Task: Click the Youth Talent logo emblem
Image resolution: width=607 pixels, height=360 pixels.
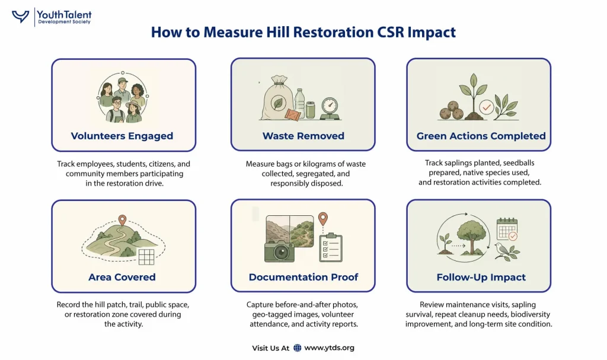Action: coord(21,17)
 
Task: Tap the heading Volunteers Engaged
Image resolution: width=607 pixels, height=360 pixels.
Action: coord(122,136)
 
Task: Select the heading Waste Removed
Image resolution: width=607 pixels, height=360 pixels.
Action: coord(303,136)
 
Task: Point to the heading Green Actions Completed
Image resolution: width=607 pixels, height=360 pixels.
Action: coord(481,136)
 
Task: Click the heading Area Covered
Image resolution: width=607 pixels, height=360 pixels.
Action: coord(122,277)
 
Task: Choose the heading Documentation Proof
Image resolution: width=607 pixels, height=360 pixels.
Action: coord(303,277)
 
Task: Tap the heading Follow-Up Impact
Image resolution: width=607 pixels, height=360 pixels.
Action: coord(481,278)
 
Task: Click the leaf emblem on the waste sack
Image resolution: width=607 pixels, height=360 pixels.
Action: coord(277,103)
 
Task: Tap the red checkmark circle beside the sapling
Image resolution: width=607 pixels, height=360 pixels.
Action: coord(486,107)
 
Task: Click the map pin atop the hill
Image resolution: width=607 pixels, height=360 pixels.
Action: coord(122,220)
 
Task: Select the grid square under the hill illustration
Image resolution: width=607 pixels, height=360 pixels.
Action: coord(146,257)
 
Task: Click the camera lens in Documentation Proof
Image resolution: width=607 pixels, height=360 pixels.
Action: coord(281,253)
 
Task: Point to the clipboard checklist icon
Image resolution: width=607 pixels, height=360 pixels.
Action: coord(331,247)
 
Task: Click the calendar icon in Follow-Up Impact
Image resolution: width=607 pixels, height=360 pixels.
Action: coord(507,229)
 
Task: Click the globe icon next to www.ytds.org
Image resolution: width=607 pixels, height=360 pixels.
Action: coord(298,348)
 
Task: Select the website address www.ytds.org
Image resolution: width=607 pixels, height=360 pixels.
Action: coord(329,348)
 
